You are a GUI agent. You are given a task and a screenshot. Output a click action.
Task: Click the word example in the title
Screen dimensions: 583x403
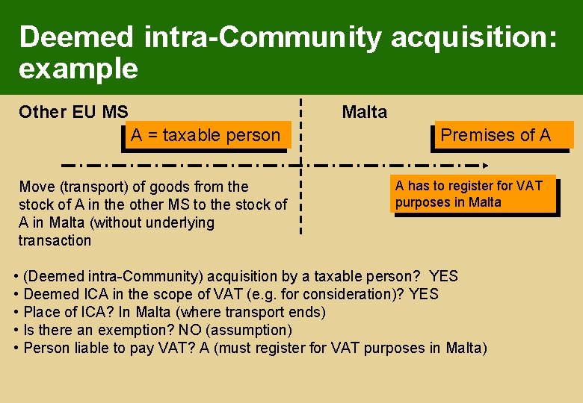[x=78, y=69]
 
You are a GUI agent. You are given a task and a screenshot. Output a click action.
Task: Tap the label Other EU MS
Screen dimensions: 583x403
[x=73, y=113]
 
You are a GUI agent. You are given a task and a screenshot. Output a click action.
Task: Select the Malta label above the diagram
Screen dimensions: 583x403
[x=365, y=113]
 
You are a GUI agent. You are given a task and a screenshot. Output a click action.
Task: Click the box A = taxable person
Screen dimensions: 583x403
[x=205, y=136]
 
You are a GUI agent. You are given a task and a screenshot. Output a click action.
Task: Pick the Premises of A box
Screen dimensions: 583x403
[x=496, y=135]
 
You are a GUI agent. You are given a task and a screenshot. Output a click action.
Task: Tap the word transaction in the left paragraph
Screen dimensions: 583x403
[x=55, y=240]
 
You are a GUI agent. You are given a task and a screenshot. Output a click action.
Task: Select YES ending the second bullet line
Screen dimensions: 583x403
[x=424, y=295]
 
